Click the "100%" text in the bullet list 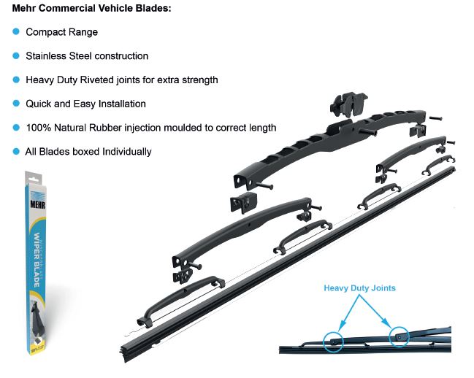[37, 128]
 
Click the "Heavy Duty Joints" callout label [360, 288]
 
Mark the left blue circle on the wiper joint [334, 339]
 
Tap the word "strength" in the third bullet [199, 80]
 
